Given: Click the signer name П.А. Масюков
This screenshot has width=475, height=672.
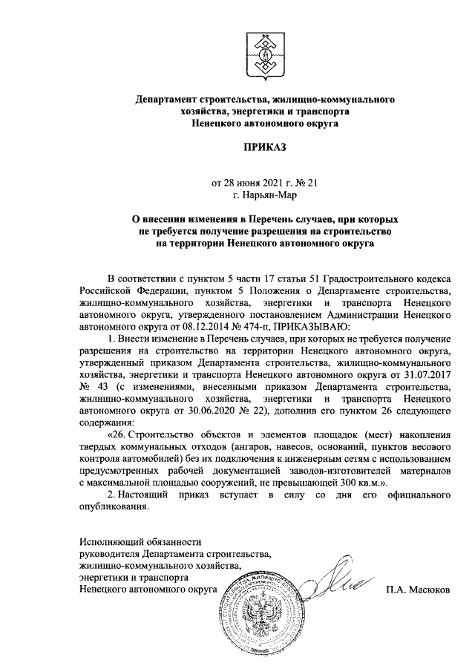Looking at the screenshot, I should pos(417,590).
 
